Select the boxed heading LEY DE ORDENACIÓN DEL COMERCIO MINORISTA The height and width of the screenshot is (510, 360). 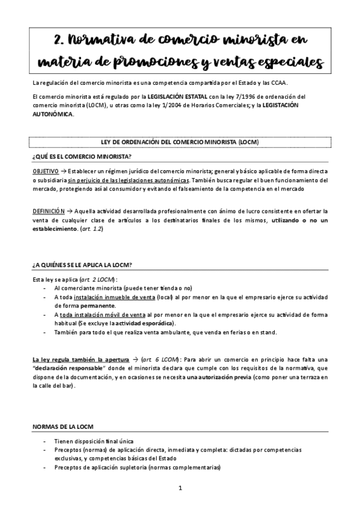click(180, 142)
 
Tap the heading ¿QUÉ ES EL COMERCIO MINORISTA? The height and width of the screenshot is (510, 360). click(82, 156)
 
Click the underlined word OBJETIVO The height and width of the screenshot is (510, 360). click(46, 171)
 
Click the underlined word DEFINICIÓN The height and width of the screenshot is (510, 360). click(48, 211)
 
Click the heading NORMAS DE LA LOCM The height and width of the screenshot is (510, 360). click(63, 426)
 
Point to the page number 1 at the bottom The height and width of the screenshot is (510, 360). click(180, 488)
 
